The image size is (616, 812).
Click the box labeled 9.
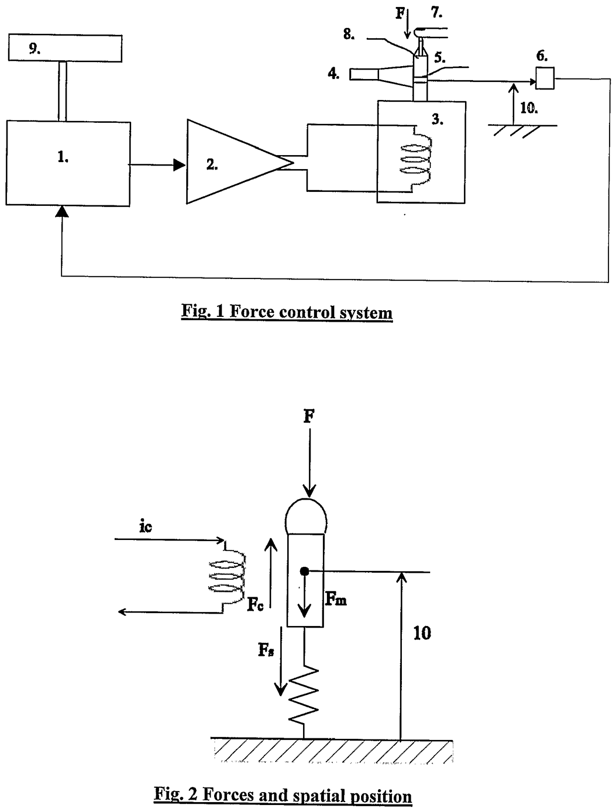click(65, 48)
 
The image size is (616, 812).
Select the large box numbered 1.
click(68, 163)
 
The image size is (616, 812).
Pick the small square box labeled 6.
click(544, 78)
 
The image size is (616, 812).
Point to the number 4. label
click(334, 74)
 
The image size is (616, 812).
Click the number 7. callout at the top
click(437, 13)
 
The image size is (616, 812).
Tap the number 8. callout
click(349, 34)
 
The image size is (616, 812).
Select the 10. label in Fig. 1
click(529, 108)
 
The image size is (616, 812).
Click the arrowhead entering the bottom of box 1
click(62, 212)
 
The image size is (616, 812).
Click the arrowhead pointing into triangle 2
click(180, 165)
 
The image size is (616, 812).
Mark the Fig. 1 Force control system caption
click(287, 312)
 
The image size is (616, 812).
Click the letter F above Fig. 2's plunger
click(308, 417)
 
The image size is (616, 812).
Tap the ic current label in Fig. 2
click(146, 527)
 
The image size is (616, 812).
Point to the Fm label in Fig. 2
click(335, 598)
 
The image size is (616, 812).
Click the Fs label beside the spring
click(266, 650)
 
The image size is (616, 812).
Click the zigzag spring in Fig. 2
click(304, 695)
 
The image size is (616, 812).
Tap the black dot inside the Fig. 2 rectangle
click(304, 572)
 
